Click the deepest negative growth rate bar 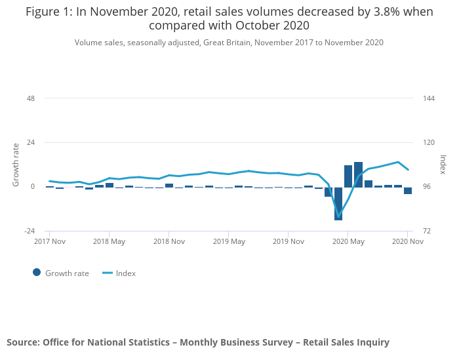point(338,203)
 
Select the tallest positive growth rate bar point(358,174)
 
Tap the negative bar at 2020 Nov point(408,191)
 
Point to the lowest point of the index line point(339,216)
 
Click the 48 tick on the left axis point(30,98)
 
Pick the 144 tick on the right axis point(429,98)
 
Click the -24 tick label point(28,231)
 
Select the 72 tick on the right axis point(427,231)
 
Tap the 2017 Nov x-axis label point(49,241)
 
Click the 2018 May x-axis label point(109,241)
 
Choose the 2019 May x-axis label point(228,241)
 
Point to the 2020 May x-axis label point(348,241)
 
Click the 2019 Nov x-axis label point(288,241)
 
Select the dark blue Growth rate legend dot point(37,273)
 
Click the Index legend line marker point(108,273)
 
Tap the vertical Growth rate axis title point(16,165)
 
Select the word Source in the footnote point(22,342)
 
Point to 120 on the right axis point(429,142)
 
